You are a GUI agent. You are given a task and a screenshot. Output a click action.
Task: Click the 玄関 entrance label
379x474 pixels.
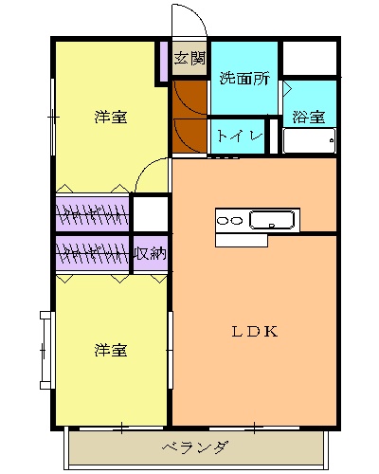coord(189,59)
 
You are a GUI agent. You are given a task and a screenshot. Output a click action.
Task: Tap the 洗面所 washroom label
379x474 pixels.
coord(244,79)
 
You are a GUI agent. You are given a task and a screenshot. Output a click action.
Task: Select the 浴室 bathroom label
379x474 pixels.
coord(308,118)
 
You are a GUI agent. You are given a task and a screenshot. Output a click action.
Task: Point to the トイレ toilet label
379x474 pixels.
coord(240,136)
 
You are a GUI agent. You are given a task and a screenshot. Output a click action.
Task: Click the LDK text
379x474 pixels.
coord(254,332)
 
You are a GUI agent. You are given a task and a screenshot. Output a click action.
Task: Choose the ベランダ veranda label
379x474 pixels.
coord(193,447)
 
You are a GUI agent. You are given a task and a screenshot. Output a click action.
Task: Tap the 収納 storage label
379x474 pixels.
coord(150,253)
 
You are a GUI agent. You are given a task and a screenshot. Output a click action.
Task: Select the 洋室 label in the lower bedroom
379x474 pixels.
coord(110,350)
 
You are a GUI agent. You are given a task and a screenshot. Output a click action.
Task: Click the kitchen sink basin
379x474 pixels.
coord(273,221)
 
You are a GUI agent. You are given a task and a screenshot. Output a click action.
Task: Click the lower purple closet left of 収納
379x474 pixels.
coord(92,253)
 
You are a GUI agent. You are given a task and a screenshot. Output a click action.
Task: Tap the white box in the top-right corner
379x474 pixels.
coord(310,60)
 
